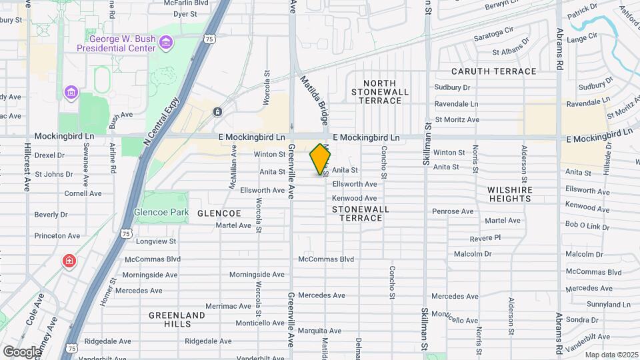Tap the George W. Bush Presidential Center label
[116, 43]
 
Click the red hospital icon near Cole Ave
[69, 261]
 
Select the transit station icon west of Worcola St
[218, 111]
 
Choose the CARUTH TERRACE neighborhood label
[493, 71]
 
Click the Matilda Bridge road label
[314, 101]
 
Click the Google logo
[22, 351]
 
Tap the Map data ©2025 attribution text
[611, 354]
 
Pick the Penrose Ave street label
[453, 211]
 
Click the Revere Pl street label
[485, 238]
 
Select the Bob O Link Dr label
[588, 226]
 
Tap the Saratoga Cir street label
[493, 34]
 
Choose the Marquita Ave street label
[320, 330]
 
